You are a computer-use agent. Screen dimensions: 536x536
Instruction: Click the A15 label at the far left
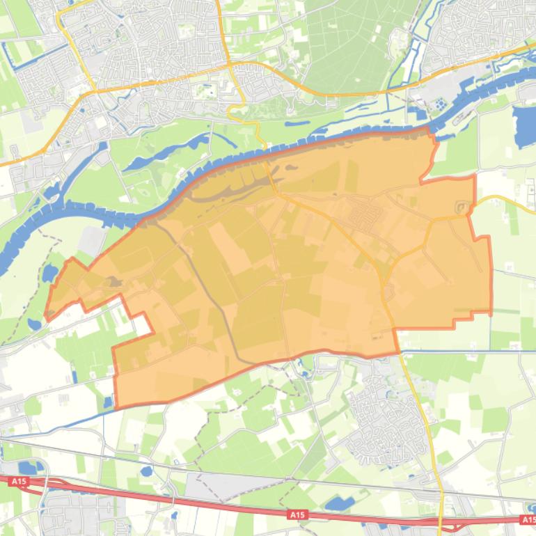point(19,481)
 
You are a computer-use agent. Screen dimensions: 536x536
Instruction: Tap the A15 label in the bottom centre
point(297,514)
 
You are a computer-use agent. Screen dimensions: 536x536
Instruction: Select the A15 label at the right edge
point(528,519)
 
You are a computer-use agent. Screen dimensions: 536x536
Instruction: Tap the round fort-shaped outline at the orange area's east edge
point(460,207)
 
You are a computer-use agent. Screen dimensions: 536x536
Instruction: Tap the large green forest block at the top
point(348,42)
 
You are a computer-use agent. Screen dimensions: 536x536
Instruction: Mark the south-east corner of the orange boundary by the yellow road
point(397,352)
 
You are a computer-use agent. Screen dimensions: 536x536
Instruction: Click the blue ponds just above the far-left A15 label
point(28,467)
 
